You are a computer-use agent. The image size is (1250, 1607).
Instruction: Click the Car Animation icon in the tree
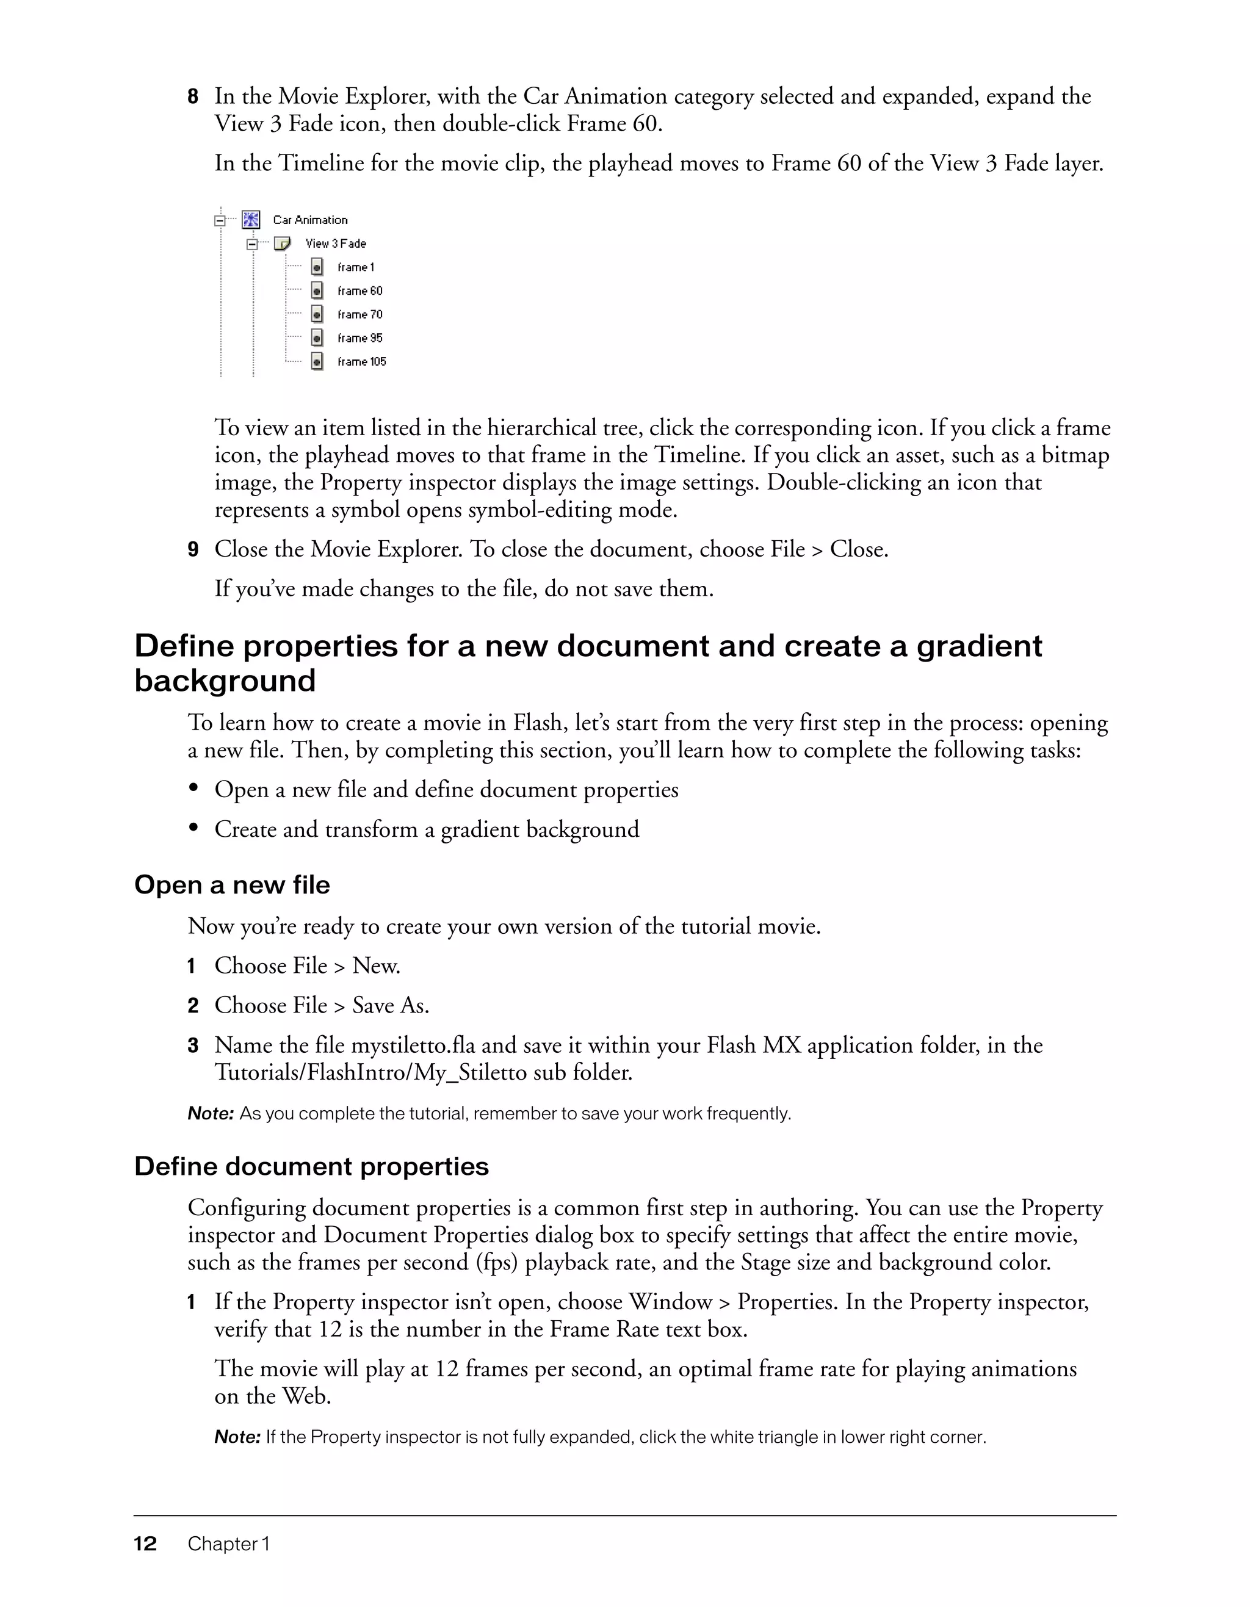click(251, 219)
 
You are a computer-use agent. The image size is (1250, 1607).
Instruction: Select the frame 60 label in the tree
click(359, 291)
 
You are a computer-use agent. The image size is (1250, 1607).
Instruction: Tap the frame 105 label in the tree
click(361, 361)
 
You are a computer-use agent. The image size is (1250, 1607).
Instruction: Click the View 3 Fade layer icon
click(283, 243)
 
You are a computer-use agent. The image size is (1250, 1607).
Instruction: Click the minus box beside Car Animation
click(219, 220)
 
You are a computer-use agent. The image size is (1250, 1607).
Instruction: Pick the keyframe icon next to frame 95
click(317, 338)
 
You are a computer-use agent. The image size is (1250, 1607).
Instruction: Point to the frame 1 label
click(355, 267)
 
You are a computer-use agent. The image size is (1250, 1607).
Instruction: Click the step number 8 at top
click(193, 96)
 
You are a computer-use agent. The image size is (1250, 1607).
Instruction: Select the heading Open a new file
click(232, 884)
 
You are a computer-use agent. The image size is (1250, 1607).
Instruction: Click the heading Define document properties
click(311, 1166)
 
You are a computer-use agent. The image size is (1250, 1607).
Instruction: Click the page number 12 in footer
click(145, 1544)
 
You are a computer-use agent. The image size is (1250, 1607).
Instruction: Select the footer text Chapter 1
click(229, 1544)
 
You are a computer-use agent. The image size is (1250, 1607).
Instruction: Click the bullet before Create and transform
click(194, 828)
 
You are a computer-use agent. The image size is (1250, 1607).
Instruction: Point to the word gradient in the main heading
click(978, 646)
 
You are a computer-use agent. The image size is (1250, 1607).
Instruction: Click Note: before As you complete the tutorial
click(211, 1113)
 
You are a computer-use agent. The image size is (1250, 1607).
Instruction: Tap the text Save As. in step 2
click(391, 1005)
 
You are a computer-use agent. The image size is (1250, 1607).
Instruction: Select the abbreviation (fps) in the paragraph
click(497, 1262)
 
